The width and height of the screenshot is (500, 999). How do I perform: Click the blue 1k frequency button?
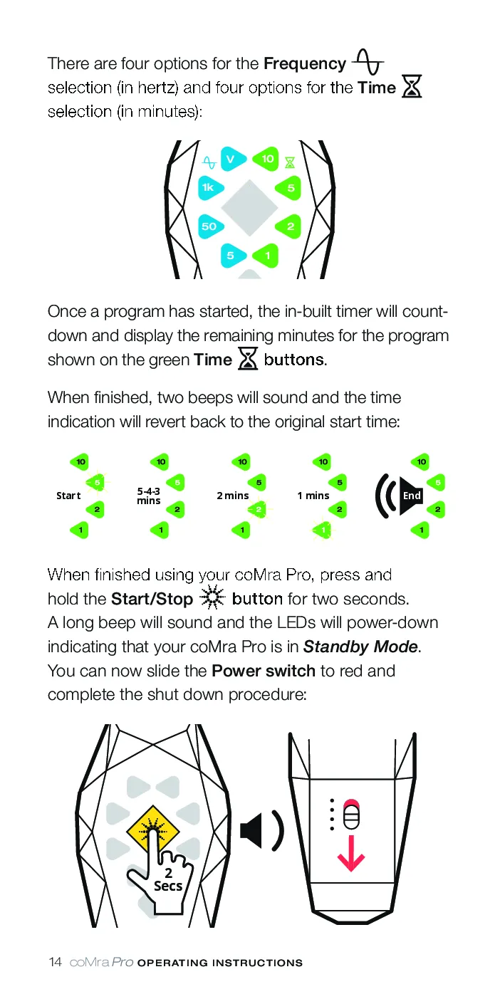[209, 188]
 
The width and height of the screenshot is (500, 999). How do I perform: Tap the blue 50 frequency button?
[210, 226]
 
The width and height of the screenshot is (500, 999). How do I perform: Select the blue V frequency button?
[233, 159]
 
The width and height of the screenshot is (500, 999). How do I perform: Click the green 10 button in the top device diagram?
[266, 159]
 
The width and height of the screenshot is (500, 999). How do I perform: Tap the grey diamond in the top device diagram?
[249, 207]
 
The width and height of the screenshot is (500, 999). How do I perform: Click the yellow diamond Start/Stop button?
[153, 831]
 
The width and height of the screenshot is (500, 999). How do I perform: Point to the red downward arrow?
[351, 853]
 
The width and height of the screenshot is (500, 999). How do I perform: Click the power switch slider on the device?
[351, 815]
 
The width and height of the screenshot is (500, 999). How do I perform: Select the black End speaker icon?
[399, 496]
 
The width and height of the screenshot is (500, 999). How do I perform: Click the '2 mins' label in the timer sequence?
[233, 496]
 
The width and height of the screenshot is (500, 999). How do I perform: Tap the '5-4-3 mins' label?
[149, 496]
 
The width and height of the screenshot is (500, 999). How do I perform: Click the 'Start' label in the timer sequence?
[68, 496]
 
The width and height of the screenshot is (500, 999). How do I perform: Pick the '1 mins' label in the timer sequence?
[313, 496]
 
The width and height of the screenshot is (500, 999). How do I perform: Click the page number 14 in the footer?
[55, 962]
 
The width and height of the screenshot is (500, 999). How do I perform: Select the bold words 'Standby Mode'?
[360, 647]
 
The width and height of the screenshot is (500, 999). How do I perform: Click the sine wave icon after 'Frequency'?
[368, 62]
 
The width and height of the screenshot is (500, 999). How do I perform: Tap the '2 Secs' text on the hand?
[168, 879]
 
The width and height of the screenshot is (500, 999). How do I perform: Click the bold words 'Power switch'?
[264, 671]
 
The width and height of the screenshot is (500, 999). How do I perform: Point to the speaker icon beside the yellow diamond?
[262, 830]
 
